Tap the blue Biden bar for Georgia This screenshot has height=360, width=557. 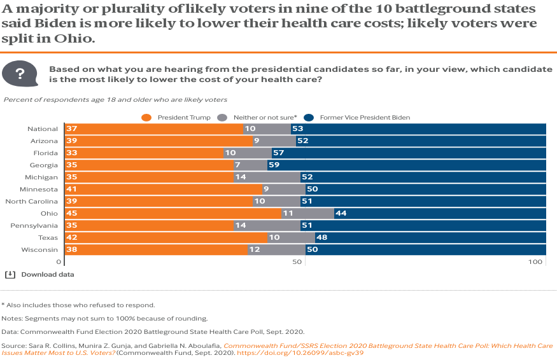point(407,165)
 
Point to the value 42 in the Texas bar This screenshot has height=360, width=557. point(71,238)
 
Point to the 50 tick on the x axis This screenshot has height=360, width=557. point(297,262)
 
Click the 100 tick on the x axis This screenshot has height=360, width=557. point(536,262)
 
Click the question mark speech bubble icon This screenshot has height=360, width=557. point(20,74)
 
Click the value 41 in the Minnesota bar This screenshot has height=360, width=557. point(71,190)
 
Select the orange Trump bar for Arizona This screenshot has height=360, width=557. point(159,141)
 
